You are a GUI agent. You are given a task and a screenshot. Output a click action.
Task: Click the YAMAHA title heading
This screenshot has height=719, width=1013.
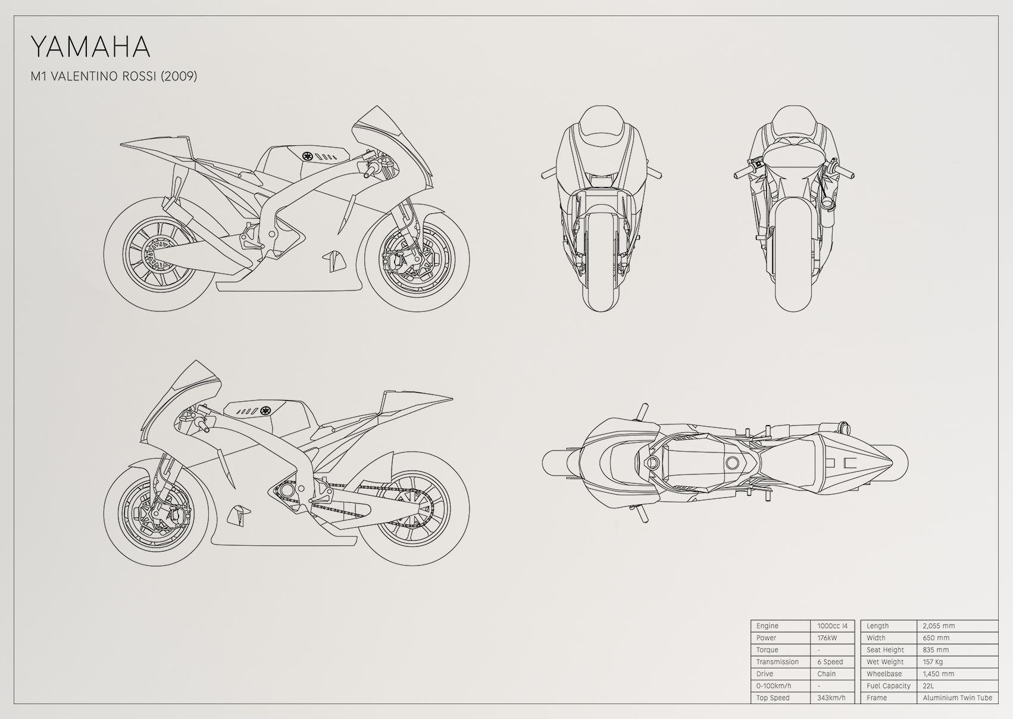pyautogui.click(x=90, y=47)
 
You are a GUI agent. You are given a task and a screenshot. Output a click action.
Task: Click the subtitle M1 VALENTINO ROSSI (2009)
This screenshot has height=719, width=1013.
pyautogui.click(x=114, y=76)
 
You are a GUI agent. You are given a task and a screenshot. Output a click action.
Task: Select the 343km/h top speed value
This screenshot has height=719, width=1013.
pyautogui.click(x=831, y=698)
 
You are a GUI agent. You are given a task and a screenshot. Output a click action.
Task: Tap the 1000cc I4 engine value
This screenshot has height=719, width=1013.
pyautogui.click(x=832, y=626)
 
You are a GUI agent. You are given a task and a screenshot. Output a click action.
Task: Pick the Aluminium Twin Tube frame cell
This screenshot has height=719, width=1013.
pyautogui.click(x=958, y=698)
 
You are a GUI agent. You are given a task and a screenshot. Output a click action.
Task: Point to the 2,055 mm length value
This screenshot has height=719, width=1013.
pyautogui.click(x=939, y=626)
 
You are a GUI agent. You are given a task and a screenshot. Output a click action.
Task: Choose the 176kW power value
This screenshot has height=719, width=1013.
pyautogui.click(x=827, y=637)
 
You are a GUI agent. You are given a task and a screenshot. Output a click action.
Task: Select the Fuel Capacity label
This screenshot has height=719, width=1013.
pyautogui.click(x=889, y=686)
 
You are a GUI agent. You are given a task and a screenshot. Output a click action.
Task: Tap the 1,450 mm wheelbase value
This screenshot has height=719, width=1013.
pyautogui.click(x=939, y=673)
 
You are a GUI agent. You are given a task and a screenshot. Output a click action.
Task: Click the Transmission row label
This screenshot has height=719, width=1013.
pyautogui.click(x=778, y=662)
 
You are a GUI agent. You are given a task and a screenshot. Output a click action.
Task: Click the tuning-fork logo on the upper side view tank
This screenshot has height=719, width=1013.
pyautogui.click(x=308, y=156)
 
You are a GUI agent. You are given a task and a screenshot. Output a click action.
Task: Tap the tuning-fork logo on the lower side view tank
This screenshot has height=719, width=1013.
pyautogui.click(x=264, y=411)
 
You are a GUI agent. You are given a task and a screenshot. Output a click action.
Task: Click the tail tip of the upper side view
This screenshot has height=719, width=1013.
pyautogui.click(x=121, y=145)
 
